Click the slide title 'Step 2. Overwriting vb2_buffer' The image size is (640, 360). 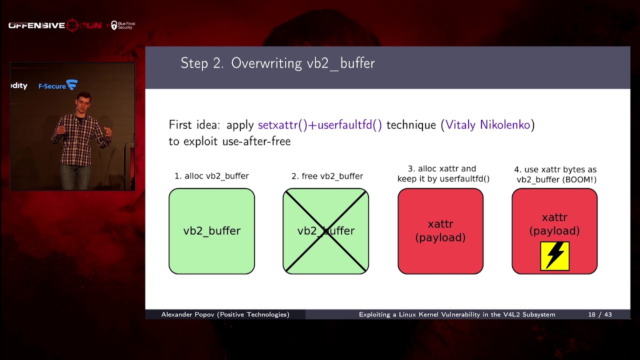[x=277, y=63]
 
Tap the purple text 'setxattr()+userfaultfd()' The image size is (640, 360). [x=319, y=125]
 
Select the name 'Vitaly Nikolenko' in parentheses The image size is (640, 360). [x=487, y=125]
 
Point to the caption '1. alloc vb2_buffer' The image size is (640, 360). [x=211, y=176]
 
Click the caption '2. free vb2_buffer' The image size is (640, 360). [x=327, y=176]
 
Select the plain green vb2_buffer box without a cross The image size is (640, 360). [x=211, y=231]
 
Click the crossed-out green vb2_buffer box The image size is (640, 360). [x=326, y=231]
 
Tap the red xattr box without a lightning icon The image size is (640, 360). [x=440, y=231]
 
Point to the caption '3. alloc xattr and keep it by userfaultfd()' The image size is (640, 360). [x=443, y=173]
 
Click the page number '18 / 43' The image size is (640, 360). [x=600, y=314]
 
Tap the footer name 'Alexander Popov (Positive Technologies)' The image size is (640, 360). [x=225, y=314]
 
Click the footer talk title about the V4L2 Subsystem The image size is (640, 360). [x=457, y=314]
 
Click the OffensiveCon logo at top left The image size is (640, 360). [x=55, y=25]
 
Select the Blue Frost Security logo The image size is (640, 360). [x=123, y=25]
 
